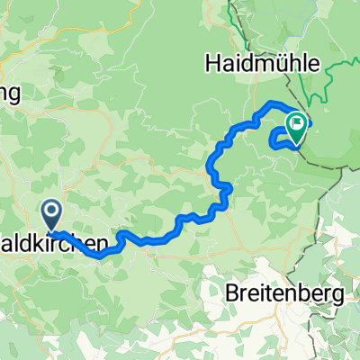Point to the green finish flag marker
(x=295, y=125)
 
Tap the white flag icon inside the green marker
(x=295, y=122)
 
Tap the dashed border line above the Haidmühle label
(x=236, y=27)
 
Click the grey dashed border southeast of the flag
(x=328, y=166)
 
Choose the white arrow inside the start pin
(x=51, y=212)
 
